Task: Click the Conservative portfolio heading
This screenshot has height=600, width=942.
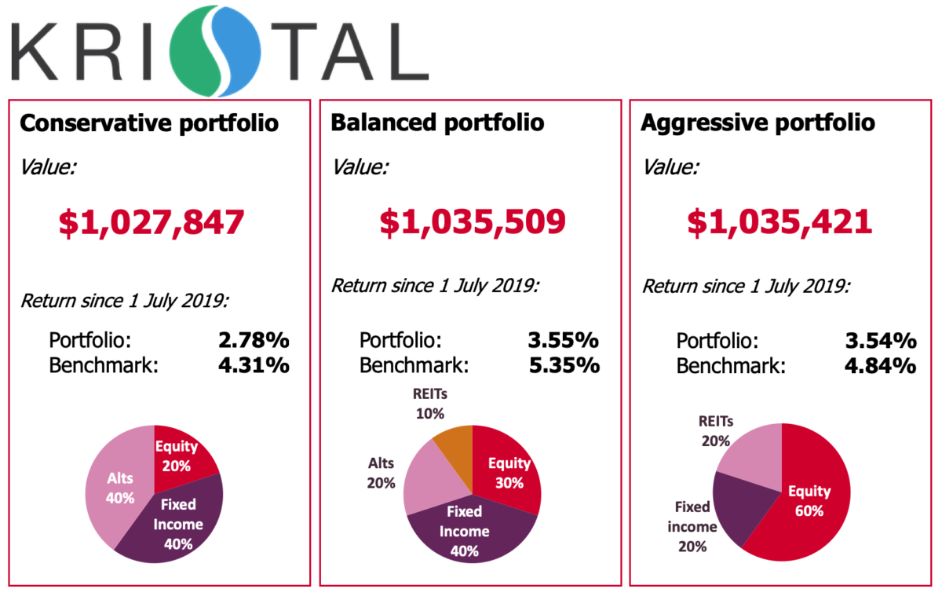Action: click(148, 123)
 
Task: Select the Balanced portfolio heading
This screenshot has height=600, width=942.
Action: click(437, 123)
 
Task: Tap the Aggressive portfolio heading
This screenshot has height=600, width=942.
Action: click(758, 123)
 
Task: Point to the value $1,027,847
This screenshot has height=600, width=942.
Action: click(152, 222)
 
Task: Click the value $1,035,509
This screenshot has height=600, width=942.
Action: click(473, 222)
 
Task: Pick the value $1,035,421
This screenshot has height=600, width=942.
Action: click(780, 222)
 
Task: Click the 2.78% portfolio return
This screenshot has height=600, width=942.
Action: click(254, 341)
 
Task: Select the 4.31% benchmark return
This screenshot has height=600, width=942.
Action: click(254, 365)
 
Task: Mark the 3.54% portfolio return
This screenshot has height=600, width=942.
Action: click(880, 341)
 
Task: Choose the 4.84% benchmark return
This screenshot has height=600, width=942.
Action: click(880, 365)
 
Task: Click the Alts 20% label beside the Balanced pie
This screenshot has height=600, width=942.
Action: click(381, 473)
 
